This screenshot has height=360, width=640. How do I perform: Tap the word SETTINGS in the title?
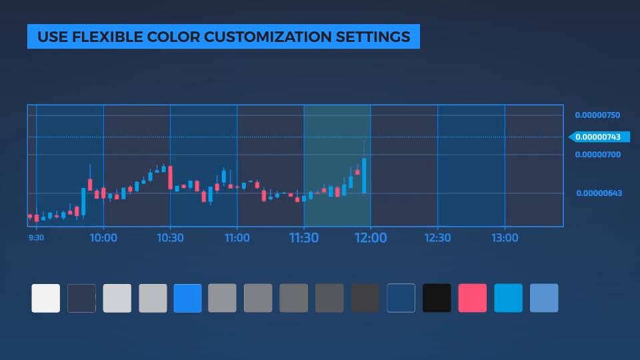point(373,37)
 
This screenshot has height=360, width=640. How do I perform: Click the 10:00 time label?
point(103,237)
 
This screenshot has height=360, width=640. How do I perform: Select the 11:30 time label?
point(304,237)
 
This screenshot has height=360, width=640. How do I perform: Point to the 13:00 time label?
point(505,237)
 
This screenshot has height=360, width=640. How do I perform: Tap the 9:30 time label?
point(36,237)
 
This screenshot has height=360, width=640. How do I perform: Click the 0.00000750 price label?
point(597,115)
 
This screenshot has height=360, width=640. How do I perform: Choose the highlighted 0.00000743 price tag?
point(599,137)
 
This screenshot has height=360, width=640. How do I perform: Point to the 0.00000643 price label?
point(599,193)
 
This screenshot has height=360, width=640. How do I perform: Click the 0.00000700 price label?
point(598,155)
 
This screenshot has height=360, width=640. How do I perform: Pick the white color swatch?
point(46,299)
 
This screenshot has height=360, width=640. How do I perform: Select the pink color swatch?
point(472,299)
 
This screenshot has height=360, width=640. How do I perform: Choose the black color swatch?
point(437,299)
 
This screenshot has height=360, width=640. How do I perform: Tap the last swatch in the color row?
point(544,299)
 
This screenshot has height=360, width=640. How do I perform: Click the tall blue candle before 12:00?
point(364,175)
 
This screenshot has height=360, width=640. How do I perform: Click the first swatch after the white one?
point(81,299)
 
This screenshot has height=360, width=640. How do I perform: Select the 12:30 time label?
point(437,237)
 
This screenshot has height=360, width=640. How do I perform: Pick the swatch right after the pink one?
point(508,299)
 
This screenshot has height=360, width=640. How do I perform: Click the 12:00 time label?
point(371,237)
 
